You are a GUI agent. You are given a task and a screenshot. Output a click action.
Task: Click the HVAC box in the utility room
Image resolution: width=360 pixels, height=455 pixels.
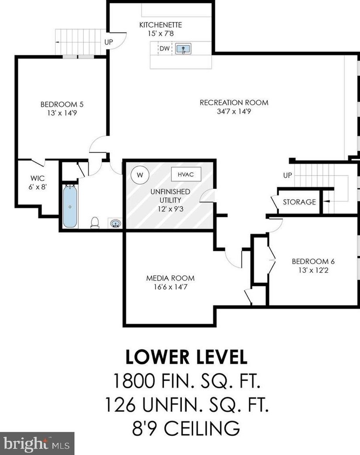point(186,174)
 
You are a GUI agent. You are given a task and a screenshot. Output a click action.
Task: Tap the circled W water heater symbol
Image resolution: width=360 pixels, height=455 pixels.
point(140,175)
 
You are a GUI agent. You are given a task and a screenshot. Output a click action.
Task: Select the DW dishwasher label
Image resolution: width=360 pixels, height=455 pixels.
point(165,48)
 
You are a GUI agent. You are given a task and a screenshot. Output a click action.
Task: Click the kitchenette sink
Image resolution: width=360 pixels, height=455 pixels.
point(183,49)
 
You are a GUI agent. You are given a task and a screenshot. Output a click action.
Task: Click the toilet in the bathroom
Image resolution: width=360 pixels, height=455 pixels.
point(95,222)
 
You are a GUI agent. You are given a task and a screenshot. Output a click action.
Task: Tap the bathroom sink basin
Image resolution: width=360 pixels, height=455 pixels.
point(115,223)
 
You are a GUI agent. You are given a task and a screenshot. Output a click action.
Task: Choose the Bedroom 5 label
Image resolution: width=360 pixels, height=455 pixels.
point(62,104)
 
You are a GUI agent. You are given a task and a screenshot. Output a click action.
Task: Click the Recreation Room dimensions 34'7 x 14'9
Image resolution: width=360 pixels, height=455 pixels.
point(234,111)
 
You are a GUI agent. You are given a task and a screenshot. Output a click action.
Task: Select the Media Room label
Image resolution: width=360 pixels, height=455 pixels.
point(170,278)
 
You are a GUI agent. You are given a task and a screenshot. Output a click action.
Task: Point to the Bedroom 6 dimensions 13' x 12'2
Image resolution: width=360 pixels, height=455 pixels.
point(313,270)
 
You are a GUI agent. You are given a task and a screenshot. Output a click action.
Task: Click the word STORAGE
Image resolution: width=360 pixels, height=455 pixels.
point(299,202)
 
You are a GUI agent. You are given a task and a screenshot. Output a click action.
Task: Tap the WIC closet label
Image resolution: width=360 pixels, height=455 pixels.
point(37,178)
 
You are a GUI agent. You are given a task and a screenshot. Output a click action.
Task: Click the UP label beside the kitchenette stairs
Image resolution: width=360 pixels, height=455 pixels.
point(109,42)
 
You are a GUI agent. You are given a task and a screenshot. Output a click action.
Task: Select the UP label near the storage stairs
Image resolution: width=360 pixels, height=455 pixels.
point(288,175)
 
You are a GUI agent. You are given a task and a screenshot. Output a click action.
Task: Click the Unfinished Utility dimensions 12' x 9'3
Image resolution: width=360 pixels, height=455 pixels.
point(170,209)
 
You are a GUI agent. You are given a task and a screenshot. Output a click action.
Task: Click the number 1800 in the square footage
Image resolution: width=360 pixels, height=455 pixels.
point(133,381)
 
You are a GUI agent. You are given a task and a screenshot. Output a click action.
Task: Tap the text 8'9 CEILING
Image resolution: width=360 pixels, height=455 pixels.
point(186,428)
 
